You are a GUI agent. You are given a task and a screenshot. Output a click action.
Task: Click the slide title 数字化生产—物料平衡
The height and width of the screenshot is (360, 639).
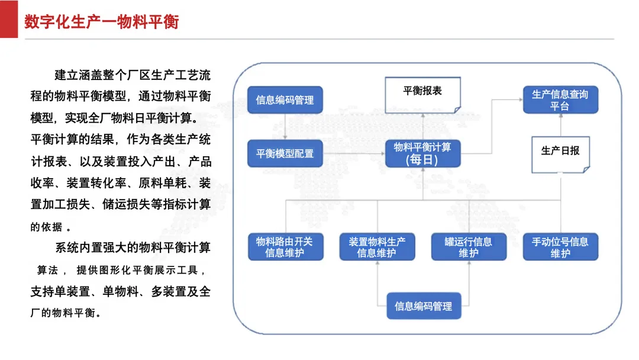tap(102, 21)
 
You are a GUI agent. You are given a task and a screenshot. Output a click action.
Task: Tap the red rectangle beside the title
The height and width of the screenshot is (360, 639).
tap(8, 19)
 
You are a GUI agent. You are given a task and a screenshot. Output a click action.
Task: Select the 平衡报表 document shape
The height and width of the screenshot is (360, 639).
tap(422, 95)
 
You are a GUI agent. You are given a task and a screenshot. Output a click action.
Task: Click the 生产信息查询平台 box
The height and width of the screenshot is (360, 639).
tap(560, 100)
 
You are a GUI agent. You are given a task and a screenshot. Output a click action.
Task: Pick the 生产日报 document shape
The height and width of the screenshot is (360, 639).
tap(560, 155)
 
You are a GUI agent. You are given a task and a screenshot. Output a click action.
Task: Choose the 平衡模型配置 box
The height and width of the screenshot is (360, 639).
tap(285, 154)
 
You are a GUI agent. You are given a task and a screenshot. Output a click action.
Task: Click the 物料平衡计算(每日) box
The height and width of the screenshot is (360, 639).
tap(422, 154)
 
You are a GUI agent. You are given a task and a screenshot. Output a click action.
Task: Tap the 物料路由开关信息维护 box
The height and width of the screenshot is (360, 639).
tap(285, 247)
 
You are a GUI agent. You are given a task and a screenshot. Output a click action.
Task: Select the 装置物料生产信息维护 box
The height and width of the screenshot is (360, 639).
tap(377, 247)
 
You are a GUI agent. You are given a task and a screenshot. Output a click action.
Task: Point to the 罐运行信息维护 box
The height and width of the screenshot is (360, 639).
tap(469, 247)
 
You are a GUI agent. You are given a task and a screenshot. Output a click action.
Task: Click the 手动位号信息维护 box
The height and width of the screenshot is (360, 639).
tap(560, 247)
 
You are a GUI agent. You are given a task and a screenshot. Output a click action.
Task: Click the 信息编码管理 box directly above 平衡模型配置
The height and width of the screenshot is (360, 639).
tap(285, 100)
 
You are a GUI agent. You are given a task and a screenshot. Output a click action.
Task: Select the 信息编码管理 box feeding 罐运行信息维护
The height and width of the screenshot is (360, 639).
tap(424, 306)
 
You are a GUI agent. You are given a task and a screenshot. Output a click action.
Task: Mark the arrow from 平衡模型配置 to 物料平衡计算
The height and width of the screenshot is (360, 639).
tap(354, 154)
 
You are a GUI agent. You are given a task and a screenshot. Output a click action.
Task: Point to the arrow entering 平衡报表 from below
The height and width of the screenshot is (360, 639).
tap(422, 126)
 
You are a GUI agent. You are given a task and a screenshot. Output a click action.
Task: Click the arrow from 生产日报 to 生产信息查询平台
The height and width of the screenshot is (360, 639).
tap(561, 125)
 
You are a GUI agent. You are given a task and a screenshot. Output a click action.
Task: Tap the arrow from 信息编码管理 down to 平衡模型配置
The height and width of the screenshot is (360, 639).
tap(285, 127)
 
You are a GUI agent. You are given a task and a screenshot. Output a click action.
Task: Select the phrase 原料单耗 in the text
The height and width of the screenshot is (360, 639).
tap(163, 182)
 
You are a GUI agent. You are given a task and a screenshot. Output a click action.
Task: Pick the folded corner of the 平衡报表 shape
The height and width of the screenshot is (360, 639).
tap(457, 110)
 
